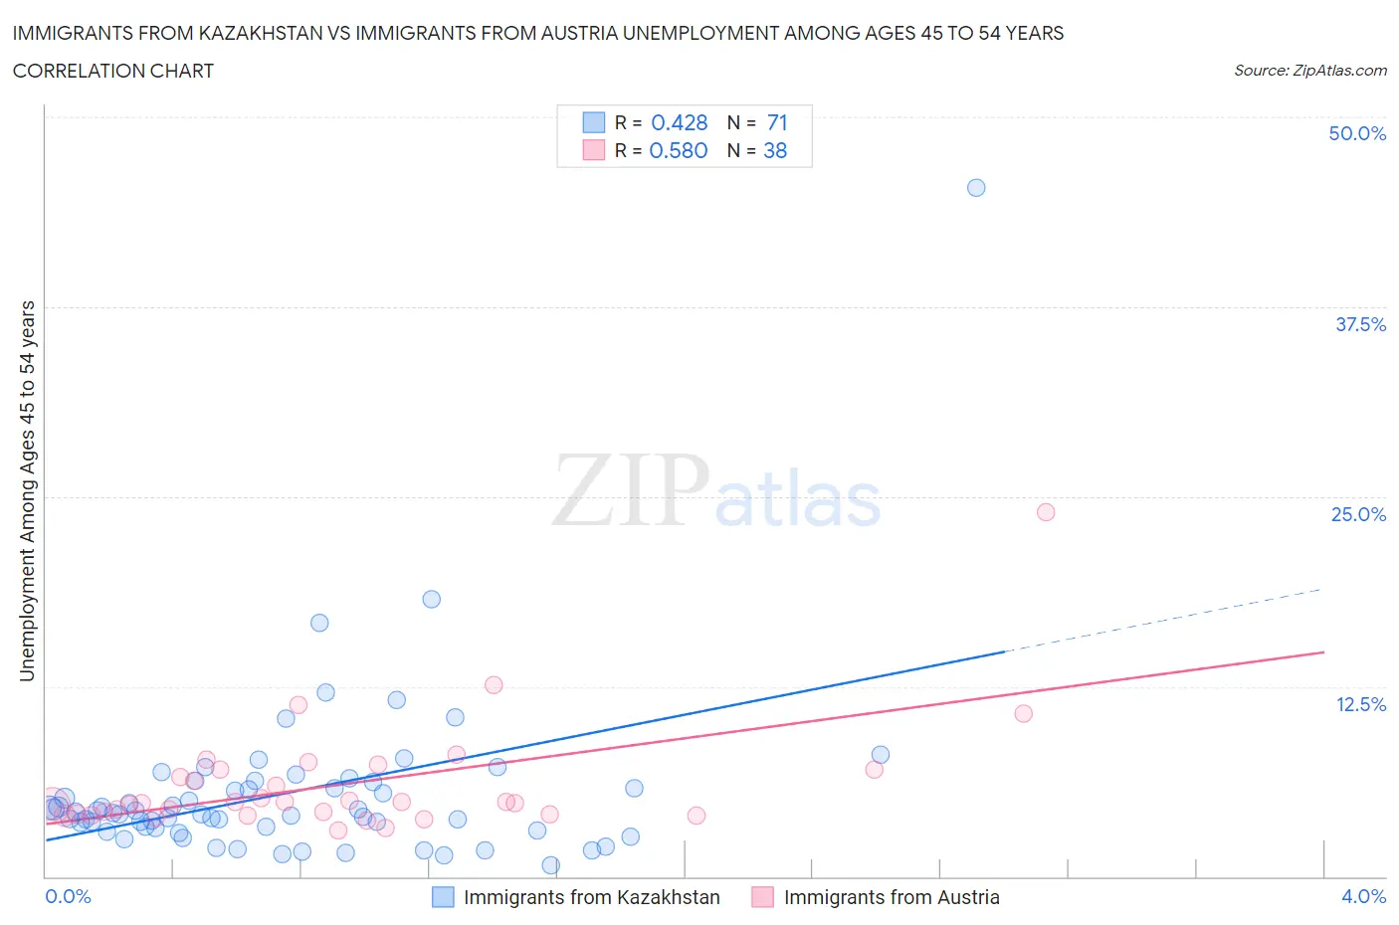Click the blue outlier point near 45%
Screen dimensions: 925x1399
(976, 188)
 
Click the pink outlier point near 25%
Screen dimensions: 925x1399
(1046, 512)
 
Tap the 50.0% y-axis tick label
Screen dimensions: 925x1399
(1357, 133)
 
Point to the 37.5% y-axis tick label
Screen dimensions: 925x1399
(1360, 324)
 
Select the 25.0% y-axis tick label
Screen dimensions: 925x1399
(1358, 514)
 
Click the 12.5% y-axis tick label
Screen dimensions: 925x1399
(1360, 704)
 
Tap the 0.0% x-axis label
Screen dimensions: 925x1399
(68, 896)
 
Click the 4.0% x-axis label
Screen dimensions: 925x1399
(1363, 896)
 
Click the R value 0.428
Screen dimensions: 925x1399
(679, 122)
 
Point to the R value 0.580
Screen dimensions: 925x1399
(679, 150)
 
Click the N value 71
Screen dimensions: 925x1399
(777, 122)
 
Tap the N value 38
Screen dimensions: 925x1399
(775, 150)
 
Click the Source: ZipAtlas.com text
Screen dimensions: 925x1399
(1309, 70)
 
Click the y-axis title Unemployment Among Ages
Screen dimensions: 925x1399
(27, 490)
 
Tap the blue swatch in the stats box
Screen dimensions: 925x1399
(593, 122)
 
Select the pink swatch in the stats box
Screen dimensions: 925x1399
(593, 150)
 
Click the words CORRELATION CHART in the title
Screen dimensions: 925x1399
(113, 71)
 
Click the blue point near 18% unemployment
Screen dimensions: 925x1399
(431, 599)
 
